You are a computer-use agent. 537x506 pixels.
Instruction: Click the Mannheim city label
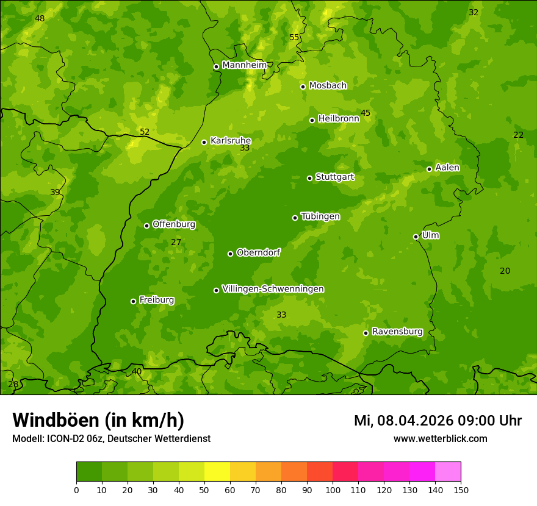point(244,65)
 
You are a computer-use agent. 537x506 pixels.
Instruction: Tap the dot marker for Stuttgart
point(309,178)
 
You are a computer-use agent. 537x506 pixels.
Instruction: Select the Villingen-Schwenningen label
point(273,289)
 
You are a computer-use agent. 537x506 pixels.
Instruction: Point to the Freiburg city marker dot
point(133,301)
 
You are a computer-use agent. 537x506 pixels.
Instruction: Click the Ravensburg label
point(397,332)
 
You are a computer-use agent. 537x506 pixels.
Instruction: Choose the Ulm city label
point(430,235)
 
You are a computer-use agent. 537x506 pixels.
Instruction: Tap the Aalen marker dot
point(429,169)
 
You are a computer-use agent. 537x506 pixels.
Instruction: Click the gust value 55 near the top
point(294,37)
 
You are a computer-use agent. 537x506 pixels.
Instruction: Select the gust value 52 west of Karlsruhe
point(144,132)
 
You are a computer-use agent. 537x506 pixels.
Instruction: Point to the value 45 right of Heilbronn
point(366,113)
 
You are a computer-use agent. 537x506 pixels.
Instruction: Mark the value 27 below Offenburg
point(176,242)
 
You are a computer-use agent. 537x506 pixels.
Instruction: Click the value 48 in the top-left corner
point(40,18)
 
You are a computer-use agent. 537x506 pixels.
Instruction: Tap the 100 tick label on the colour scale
point(333,490)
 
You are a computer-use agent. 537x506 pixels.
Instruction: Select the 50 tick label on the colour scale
point(204,490)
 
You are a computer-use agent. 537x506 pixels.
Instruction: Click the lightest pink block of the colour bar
point(448,472)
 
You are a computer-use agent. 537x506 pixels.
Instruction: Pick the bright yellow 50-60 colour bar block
point(217,472)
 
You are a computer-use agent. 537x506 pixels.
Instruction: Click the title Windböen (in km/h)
point(98,420)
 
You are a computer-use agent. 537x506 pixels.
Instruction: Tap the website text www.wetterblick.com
point(440,438)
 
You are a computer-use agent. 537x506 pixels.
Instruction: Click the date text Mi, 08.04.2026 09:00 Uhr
point(438,421)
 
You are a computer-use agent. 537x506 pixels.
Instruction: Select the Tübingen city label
point(320,216)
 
